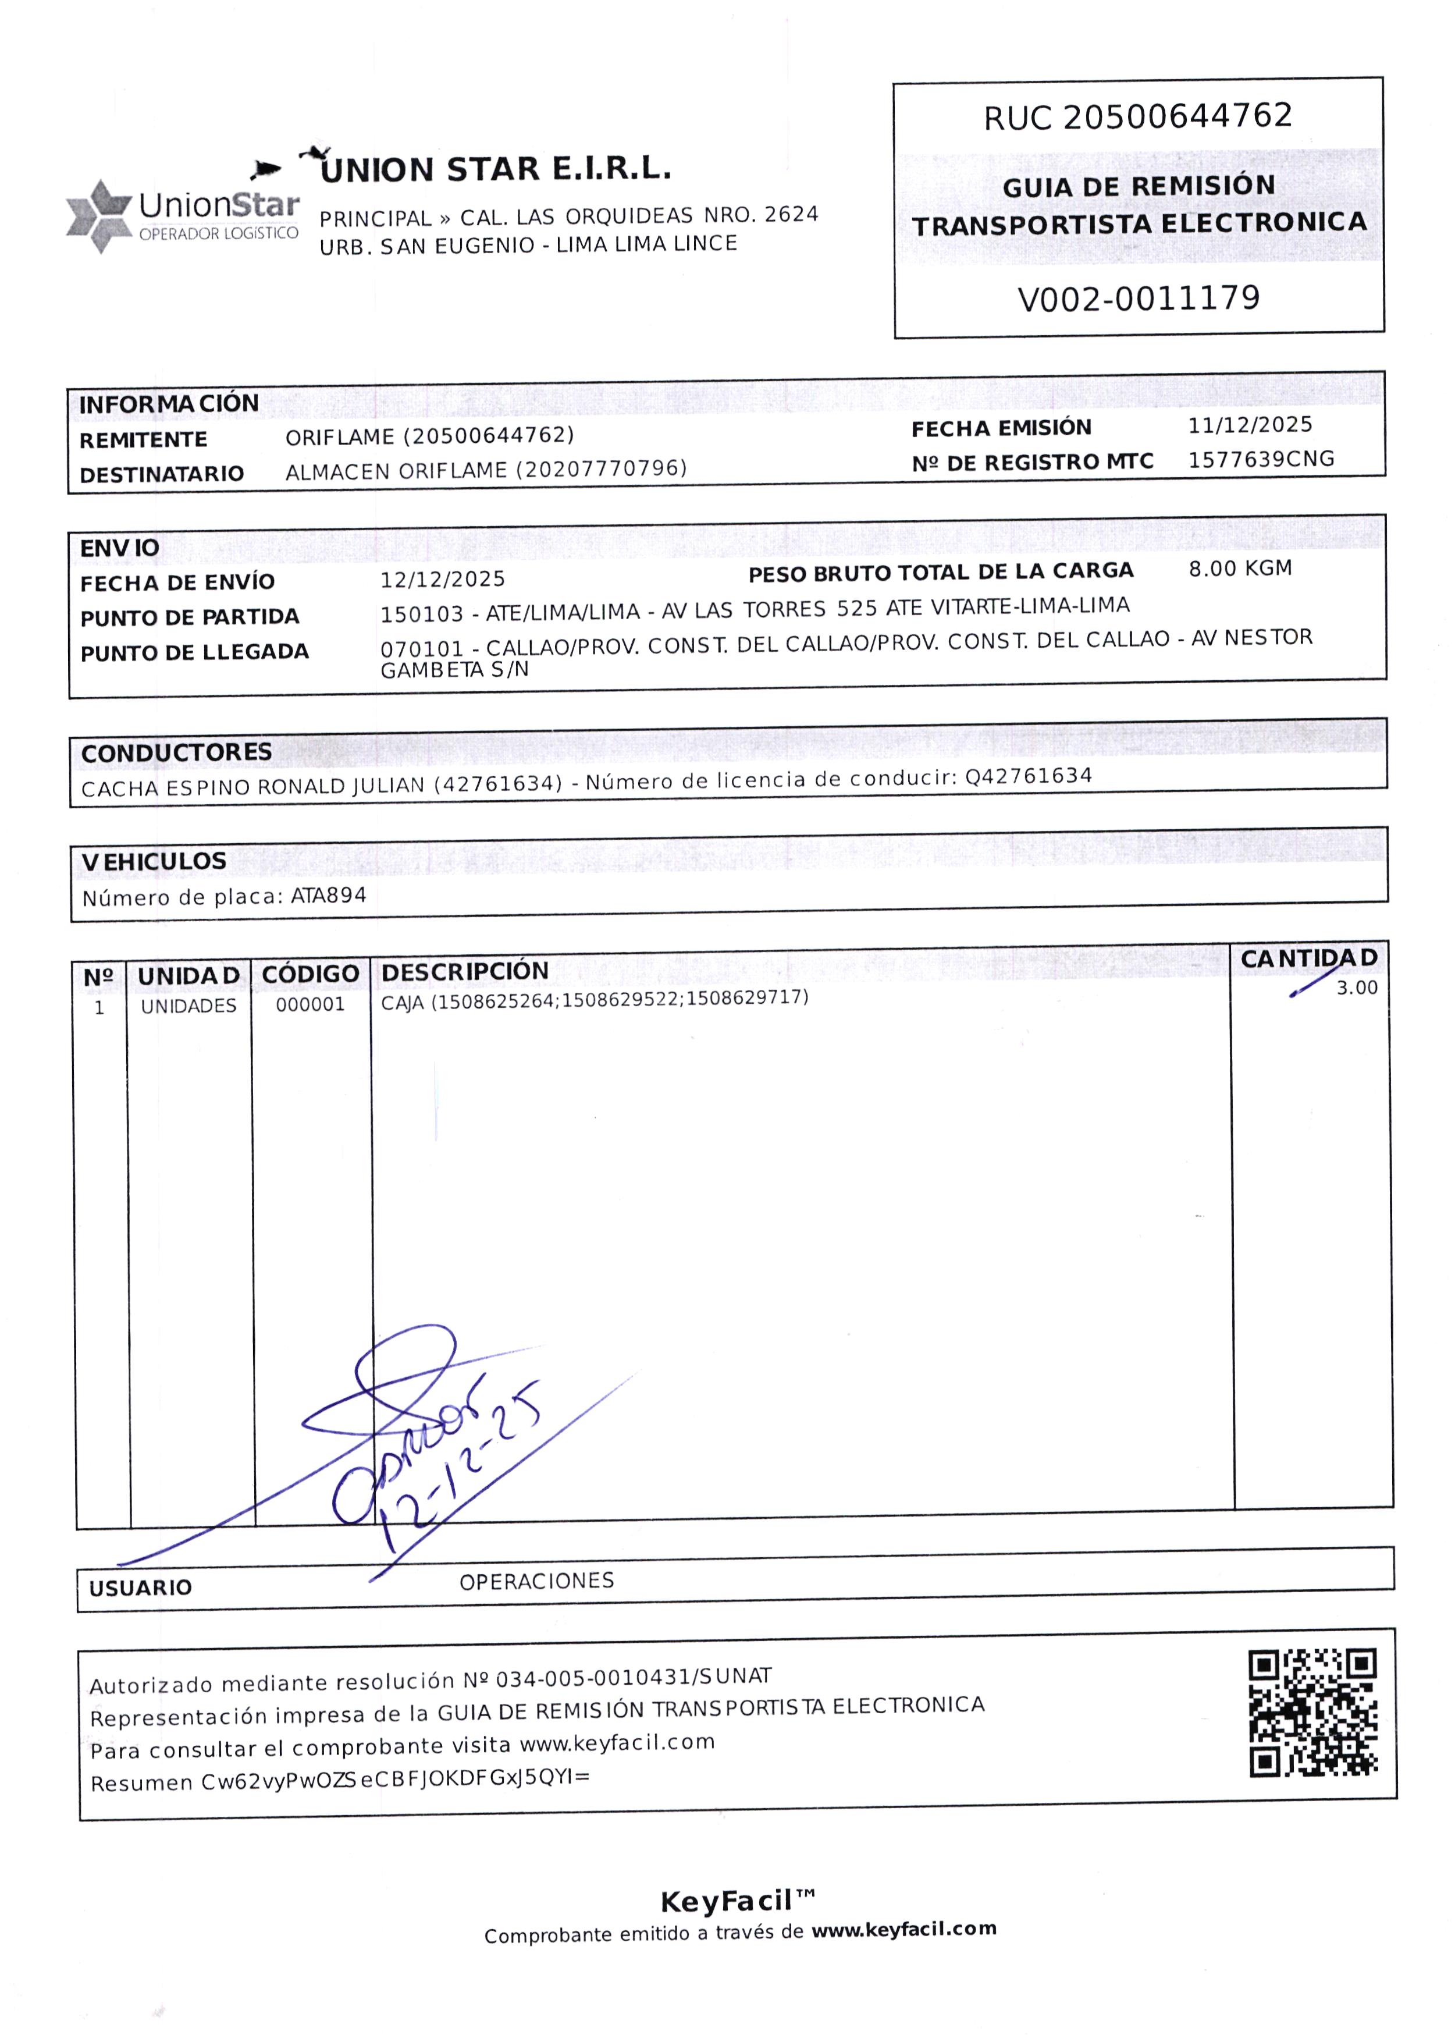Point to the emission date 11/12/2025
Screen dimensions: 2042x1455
pos(1250,425)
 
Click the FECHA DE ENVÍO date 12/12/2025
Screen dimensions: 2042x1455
pos(443,580)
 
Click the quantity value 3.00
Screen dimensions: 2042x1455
pos(1357,988)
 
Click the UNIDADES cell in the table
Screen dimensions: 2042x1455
pos(188,1006)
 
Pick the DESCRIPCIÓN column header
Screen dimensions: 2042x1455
pos(464,971)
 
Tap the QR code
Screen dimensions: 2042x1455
pos(1312,1713)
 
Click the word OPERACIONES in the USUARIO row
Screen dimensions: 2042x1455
pos(536,1582)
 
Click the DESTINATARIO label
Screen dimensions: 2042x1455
pos(161,474)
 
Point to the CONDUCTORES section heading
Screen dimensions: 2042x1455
pos(176,752)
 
